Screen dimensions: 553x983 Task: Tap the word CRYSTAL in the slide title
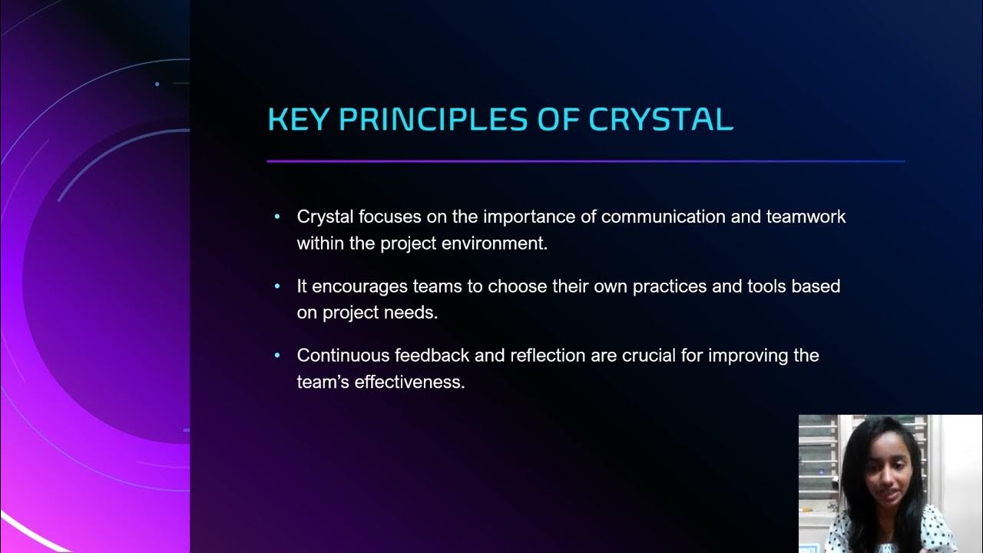[660, 119]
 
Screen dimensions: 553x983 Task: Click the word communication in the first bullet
[663, 217]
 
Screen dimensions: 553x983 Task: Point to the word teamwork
[806, 217]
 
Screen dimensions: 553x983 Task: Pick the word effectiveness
[409, 382]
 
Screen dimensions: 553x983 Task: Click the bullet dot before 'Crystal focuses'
[277, 217]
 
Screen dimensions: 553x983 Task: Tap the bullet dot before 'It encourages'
[277, 286]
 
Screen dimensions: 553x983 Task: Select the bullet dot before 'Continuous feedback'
[277, 356]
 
